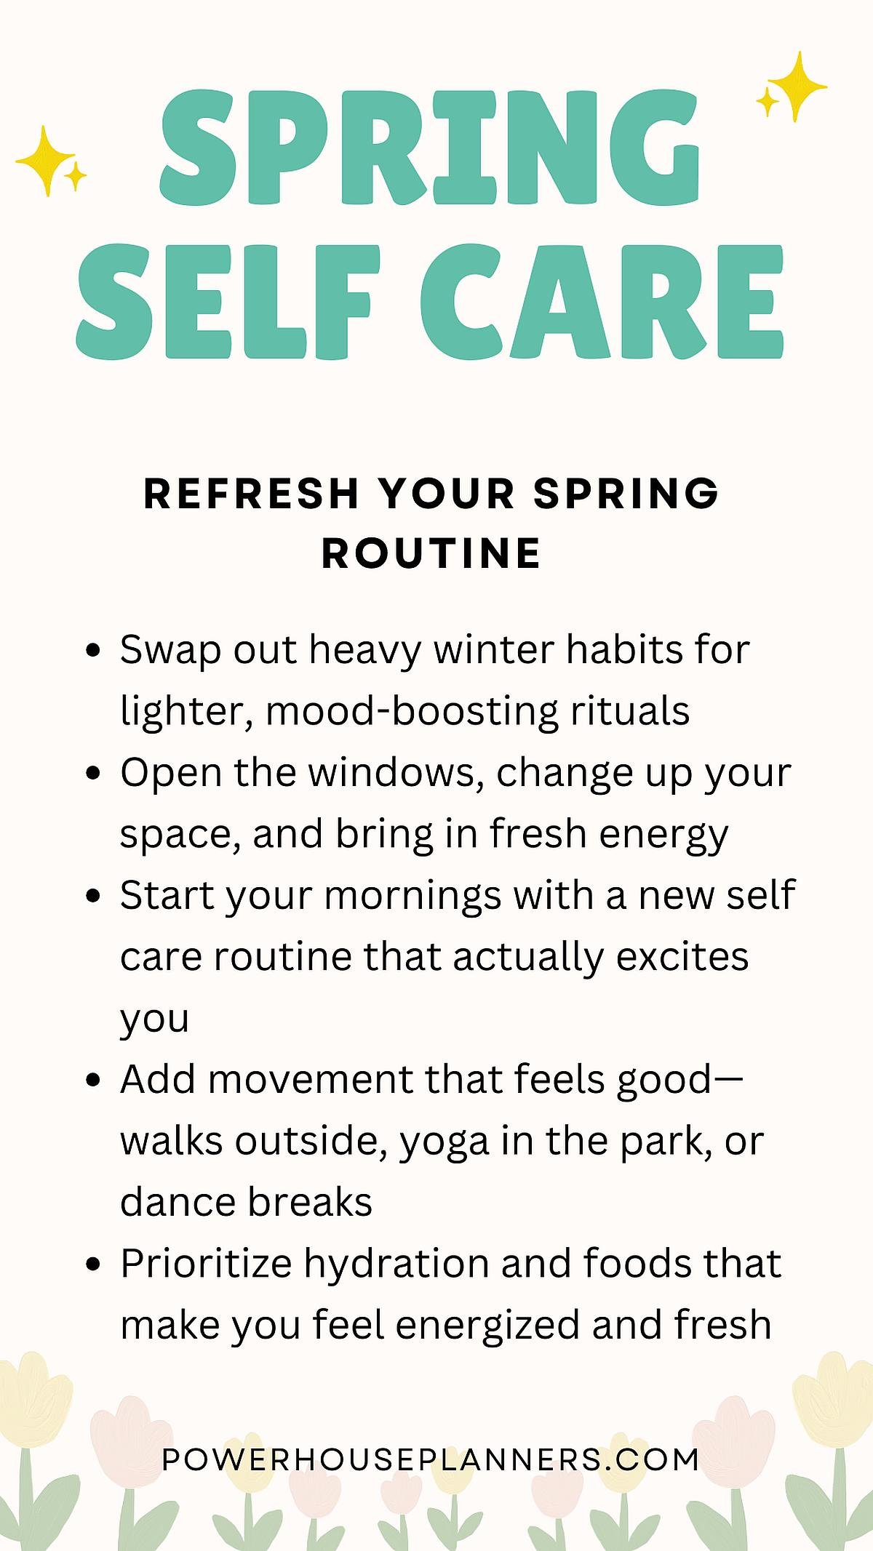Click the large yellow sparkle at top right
point(798,86)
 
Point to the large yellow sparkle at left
point(45,160)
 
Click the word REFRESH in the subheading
point(252,494)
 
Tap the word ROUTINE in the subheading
point(431,554)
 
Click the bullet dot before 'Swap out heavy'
point(92,650)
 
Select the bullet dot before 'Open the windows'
point(92,773)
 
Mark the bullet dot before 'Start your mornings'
point(92,896)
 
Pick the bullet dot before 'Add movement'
point(92,1080)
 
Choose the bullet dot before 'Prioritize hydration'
point(92,1265)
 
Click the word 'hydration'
point(397,1265)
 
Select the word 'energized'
point(487,1326)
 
